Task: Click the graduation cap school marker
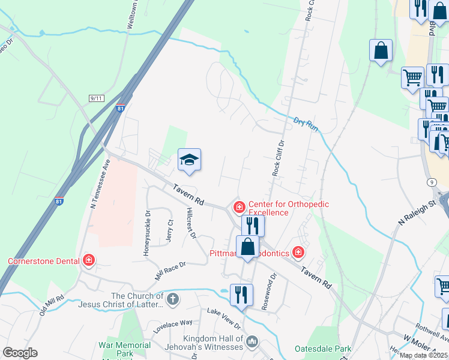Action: [189, 160]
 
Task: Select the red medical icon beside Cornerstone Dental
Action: [89, 260]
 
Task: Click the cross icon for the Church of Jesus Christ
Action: [173, 299]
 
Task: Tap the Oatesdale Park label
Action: [323, 348]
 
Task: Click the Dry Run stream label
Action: [305, 124]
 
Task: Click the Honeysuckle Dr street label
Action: [146, 233]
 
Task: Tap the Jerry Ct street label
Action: [170, 231]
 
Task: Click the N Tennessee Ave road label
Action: [100, 184]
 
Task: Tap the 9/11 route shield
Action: [96, 97]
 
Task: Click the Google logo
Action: [20, 353]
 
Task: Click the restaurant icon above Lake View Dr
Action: [241, 295]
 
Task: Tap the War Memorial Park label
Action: [125, 346]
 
